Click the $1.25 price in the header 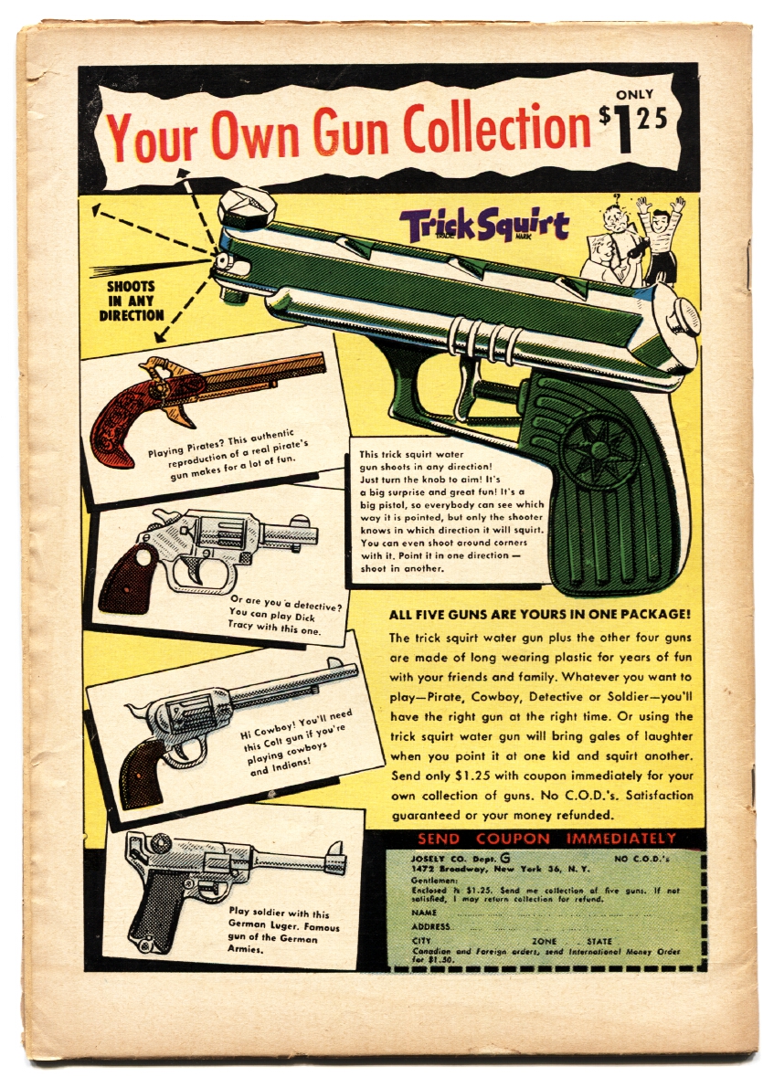(636, 129)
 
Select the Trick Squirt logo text (484, 226)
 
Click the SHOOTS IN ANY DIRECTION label (130, 301)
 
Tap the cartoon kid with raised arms (659, 239)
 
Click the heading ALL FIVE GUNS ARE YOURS (539, 614)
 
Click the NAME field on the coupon (530, 913)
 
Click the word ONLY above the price (634, 94)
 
